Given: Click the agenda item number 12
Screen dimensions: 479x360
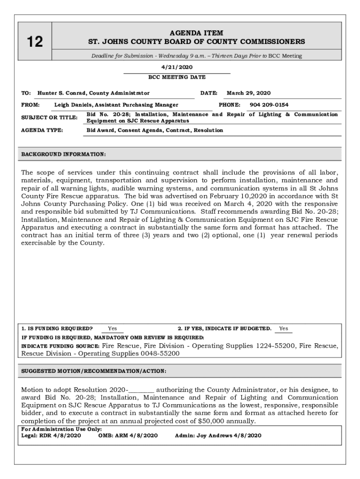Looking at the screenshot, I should (x=35, y=42).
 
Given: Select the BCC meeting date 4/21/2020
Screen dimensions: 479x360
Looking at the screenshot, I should (x=176, y=67).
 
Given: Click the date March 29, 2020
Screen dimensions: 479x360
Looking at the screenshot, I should (x=248, y=93).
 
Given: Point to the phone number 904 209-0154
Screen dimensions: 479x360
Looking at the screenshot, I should (x=269, y=105).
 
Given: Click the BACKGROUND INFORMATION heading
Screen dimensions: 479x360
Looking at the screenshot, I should (x=64, y=154).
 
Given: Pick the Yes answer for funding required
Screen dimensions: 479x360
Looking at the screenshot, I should (x=112, y=328).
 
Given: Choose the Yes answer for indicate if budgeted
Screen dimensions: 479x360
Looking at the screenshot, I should (x=283, y=328).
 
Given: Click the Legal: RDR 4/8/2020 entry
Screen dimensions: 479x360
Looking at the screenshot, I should (x=51, y=435).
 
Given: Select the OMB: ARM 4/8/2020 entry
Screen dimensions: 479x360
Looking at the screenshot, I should (x=128, y=435).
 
